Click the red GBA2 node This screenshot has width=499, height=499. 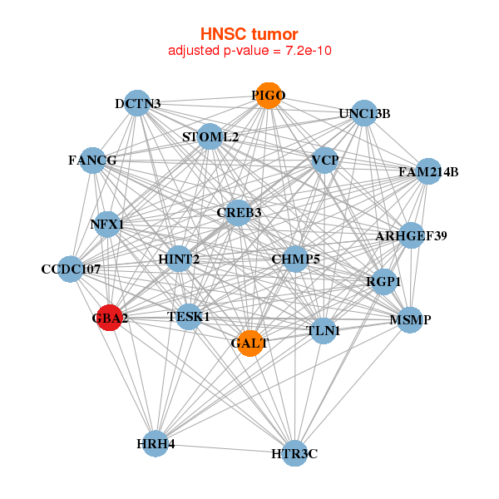[109, 318]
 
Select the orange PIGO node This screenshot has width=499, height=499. [267, 96]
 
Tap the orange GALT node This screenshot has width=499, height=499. [250, 343]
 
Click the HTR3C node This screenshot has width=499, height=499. [294, 453]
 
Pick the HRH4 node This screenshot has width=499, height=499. [156, 443]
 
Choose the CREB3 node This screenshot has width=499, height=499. [239, 213]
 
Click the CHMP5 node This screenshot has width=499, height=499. [296, 259]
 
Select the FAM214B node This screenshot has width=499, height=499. [428, 172]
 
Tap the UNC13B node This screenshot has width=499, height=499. [364, 113]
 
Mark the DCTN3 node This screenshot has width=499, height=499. [138, 104]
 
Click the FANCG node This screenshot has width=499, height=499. [92, 160]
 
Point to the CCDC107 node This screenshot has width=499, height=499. [71, 269]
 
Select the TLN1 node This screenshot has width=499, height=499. [323, 331]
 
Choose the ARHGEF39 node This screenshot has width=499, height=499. [411, 236]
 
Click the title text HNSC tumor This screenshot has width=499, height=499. [249, 34]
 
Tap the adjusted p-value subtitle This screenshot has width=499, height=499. [250, 51]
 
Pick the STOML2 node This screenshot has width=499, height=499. [210, 136]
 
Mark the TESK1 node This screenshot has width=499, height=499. [189, 317]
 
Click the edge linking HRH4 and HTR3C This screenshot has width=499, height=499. [225, 448]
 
